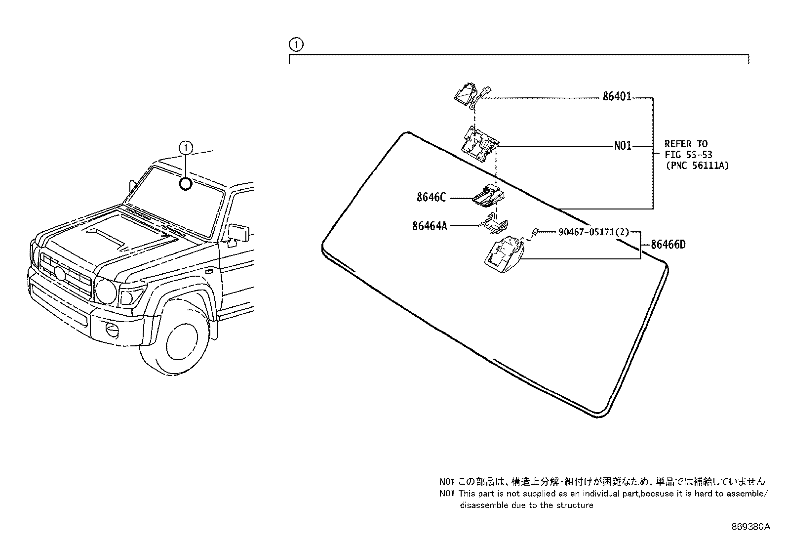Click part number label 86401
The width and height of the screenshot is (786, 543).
(617, 97)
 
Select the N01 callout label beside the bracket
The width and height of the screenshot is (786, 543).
(623, 147)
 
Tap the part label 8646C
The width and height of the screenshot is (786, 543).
(431, 198)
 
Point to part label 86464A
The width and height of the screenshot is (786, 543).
(430, 226)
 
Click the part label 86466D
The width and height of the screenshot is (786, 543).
(668, 245)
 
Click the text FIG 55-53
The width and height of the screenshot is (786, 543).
(688, 155)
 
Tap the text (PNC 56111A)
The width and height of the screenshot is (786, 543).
(697, 166)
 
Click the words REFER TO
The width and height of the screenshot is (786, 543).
(686, 144)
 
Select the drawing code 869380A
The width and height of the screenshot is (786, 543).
(750, 527)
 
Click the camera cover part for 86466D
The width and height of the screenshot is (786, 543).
(502, 254)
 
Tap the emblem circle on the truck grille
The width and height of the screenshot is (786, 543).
(60, 272)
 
